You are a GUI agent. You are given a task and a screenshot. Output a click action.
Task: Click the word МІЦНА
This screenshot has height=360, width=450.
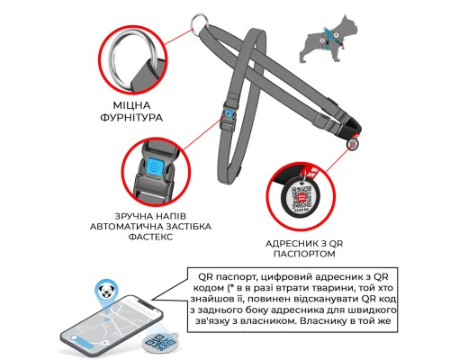(x=131, y=105)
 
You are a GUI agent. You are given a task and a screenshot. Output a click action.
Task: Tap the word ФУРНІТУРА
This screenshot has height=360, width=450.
(x=131, y=117)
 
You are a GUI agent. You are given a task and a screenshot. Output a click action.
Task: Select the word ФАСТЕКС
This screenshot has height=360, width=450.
(x=150, y=237)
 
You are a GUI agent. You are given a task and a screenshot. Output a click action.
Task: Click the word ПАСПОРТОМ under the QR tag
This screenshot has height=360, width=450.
(x=304, y=254)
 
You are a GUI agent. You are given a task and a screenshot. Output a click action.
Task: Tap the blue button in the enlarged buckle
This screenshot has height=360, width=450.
(x=156, y=166)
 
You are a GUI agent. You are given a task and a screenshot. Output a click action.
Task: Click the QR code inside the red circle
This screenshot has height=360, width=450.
(x=301, y=197)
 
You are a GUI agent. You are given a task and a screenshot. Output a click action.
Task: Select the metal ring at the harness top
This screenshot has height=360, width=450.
(x=199, y=24)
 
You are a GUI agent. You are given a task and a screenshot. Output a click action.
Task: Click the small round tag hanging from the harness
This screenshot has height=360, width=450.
(x=353, y=143)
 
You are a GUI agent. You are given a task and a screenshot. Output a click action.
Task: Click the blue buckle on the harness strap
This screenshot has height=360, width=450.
(x=229, y=115)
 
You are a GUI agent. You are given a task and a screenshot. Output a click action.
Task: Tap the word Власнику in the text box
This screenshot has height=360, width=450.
(x=326, y=321)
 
